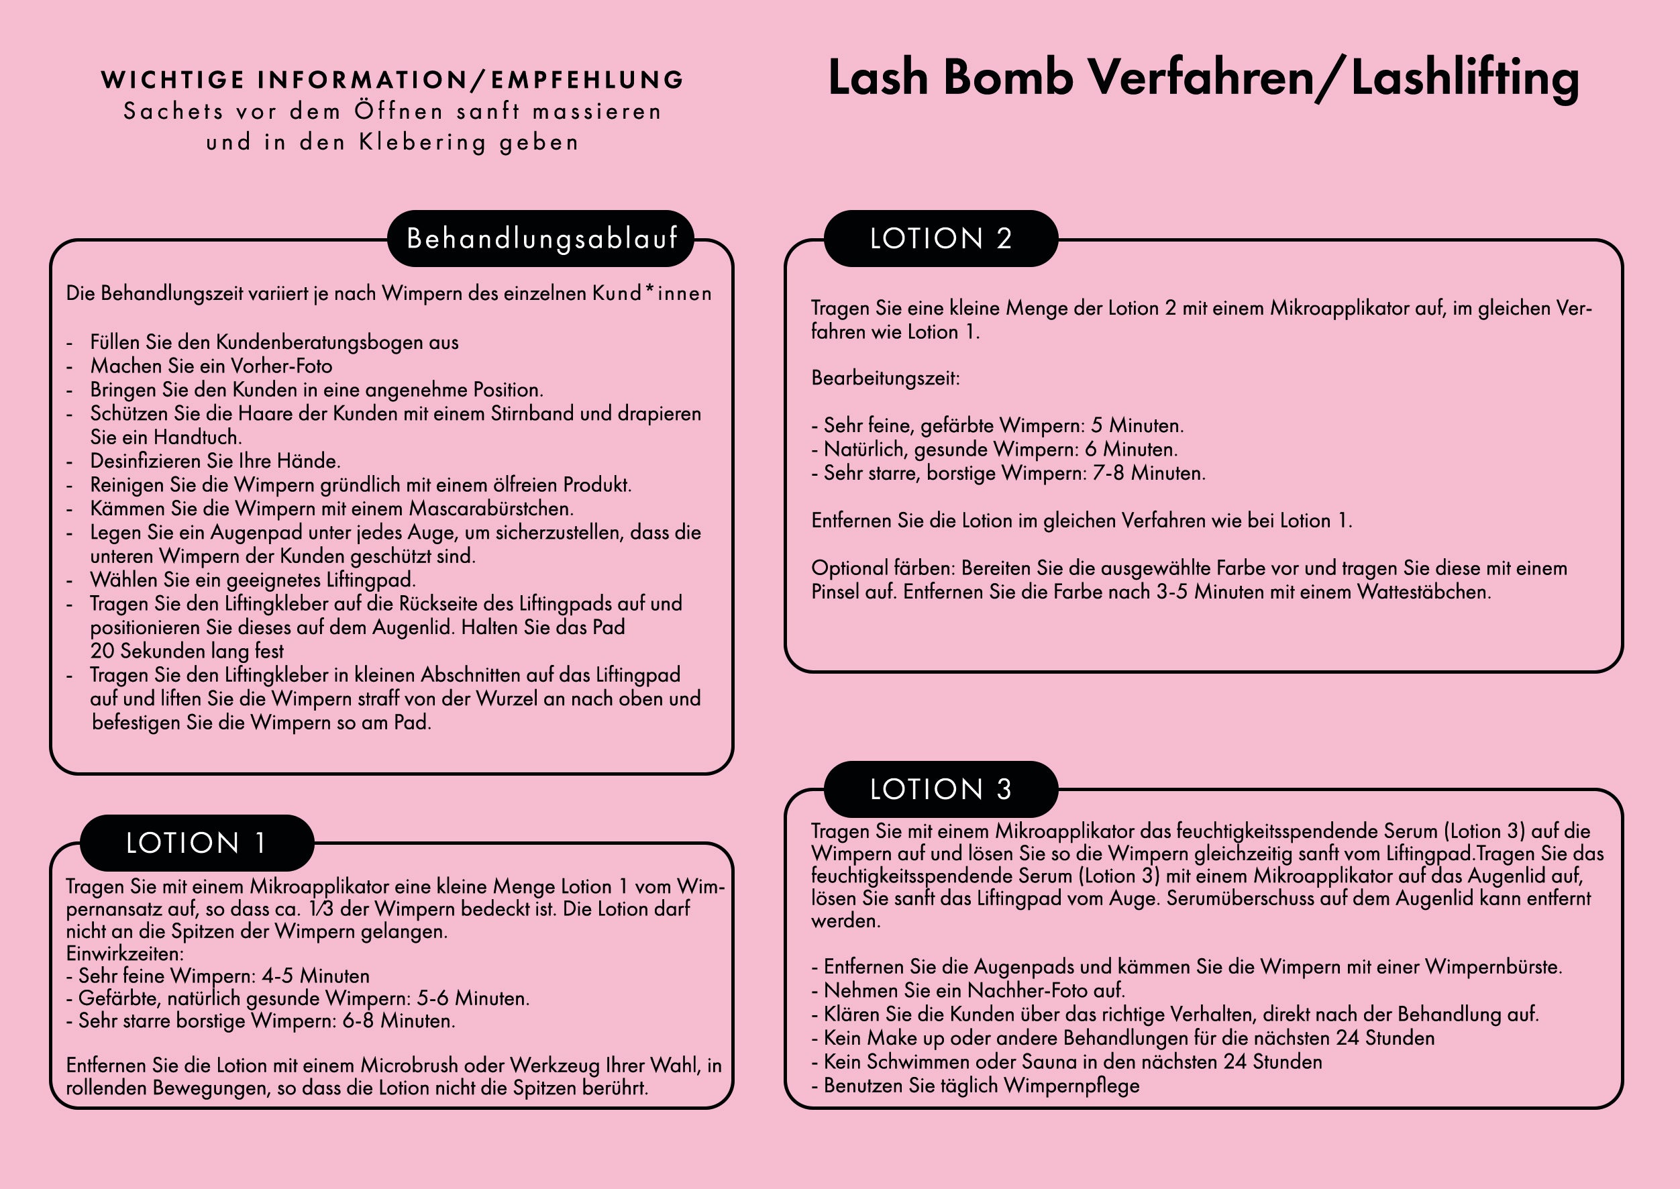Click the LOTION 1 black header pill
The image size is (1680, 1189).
pyautogui.click(x=196, y=843)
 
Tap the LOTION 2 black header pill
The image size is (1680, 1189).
pyautogui.click(x=941, y=239)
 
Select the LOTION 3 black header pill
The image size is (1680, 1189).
pyautogui.click(x=941, y=789)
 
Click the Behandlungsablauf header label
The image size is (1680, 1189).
pyautogui.click(x=541, y=239)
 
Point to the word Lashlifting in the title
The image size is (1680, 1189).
pyautogui.click(x=1465, y=78)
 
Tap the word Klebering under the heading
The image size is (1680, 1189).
pyautogui.click(x=423, y=142)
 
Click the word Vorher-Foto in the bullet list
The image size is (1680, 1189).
pyautogui.click(x=282, y=366)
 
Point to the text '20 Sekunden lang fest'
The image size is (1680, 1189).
pyautogui.click(x=187, y=651)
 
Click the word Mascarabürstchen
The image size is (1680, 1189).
pyautogui.click(x=491, y=509)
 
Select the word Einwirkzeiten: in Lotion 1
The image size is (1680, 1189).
pyautogui.click(x=124, y=954)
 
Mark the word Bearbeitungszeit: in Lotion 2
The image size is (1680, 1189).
pyautogui.click(x=885, y=378)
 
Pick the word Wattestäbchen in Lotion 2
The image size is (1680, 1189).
pyautogui.click(x=1424, y=592)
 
